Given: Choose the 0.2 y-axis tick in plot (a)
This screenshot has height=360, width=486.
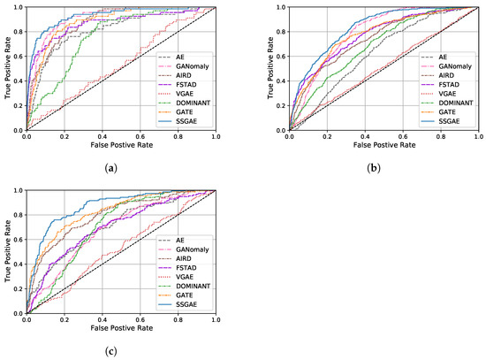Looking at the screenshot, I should pos(18,106).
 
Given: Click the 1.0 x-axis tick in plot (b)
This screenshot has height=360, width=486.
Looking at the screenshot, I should pos(478,138).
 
